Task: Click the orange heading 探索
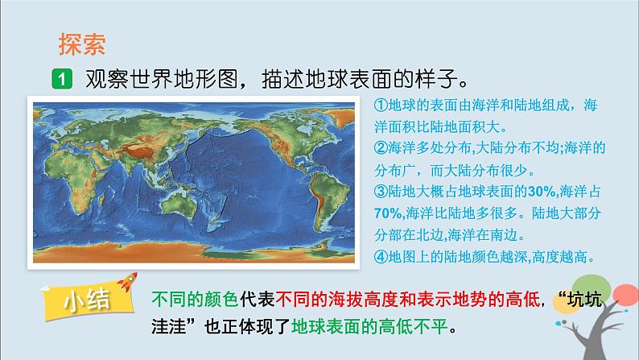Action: pyautogui.click(x=83, y=42)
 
